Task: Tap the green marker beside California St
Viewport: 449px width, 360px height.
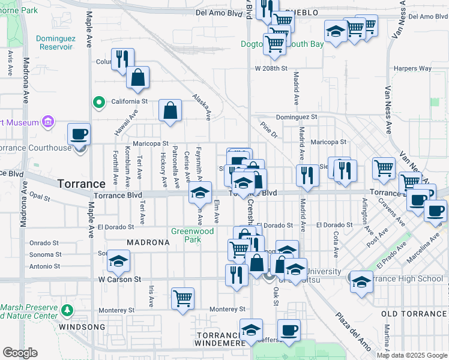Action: tap(98, 102)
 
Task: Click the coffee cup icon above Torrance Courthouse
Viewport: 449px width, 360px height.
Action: tap(79, 134)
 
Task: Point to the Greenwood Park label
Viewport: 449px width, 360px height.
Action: tap(192, 235)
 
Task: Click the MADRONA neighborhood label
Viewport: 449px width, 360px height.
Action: tap(145, 242)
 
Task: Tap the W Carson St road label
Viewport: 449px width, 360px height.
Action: tap(119, 280)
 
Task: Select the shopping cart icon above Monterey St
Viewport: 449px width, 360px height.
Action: tap(182, 298)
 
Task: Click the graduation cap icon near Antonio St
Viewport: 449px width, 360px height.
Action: tap(118, 261)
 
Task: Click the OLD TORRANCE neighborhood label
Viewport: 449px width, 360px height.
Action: tap(415, 314)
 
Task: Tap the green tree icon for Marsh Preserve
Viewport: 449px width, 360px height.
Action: tap(68, 310)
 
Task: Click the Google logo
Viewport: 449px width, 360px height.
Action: tap(20, 353)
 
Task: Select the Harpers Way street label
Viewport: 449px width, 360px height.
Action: tap(413, 68)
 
